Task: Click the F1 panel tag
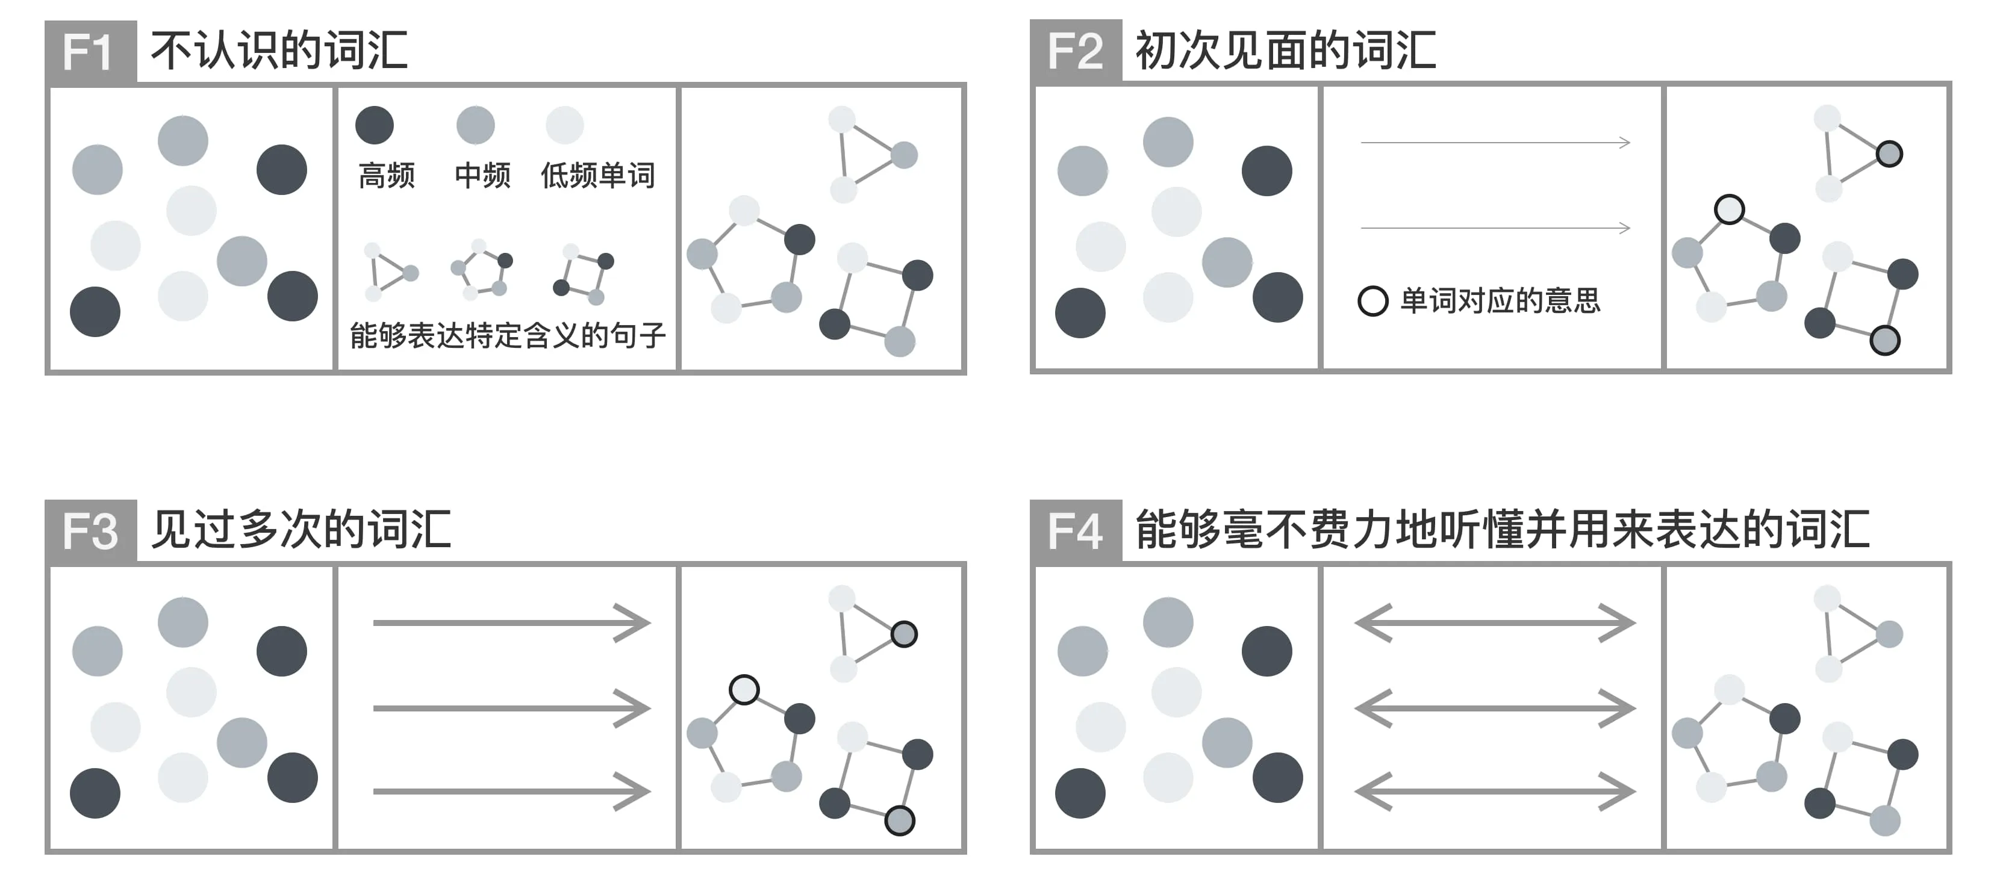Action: (x=91, y=51)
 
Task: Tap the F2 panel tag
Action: (x=1076, y=51)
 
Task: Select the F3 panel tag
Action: (x=91, y=531)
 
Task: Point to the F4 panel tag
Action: (x=1076, y=531)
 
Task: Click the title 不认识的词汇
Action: (x=279, y=51)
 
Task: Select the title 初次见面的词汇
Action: (x=1285, y=51)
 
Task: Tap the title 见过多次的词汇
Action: (x=301, y=531)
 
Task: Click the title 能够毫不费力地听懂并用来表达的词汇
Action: (x=1503, y=531)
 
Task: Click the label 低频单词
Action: (x=597, y=175)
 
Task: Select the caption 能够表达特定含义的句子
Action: (x=508, y=335)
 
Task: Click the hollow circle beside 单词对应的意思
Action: (x=1372, y=300)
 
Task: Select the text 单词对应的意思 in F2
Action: (x=1500, y=300)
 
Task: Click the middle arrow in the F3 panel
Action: (x=512, y=708)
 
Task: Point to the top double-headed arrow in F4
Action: (x=1495, y=623)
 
